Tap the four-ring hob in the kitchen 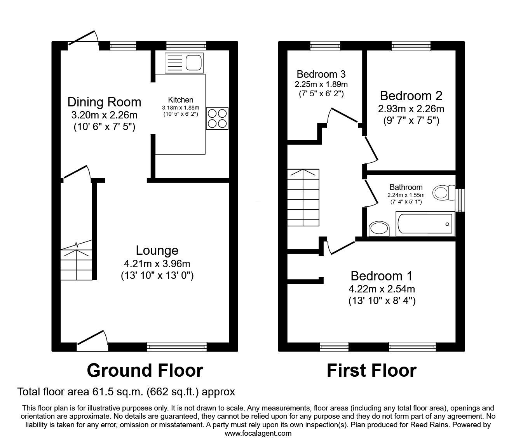tap(217, 118)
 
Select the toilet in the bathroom tap(444, 192)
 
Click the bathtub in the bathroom tap(425, 224)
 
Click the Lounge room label tap(157, 250)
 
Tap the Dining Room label tap(104, 102)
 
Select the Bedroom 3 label tap(321, 74)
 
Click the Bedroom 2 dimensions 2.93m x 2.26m tap(411, 109)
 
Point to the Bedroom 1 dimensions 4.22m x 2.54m tap(381, 289)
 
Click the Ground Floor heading tap(145, 370)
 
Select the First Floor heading tap(371, 370)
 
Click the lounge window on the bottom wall tap(177, 346)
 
